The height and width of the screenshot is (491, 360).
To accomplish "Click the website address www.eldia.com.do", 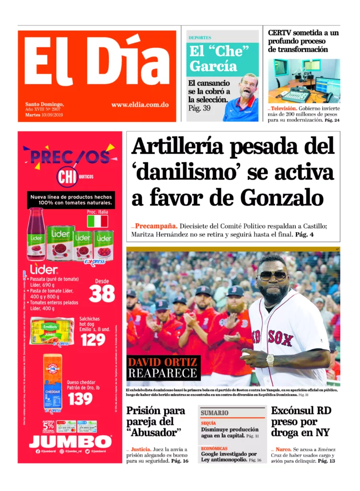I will pyautogui.click(x=139, y=105).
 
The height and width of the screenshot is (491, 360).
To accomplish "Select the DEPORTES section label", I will pyautogui.click(x=200, y=37).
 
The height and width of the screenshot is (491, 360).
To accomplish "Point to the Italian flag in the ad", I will pyautogui.click(x=97, y=221).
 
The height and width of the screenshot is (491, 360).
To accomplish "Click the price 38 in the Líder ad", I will pyautogui.click(x=102, y=293).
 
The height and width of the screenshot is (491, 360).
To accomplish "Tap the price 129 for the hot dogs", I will pyautogui.click(x=93, y=339).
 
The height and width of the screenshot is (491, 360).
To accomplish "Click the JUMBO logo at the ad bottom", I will pyautogui.click(x=70, y=441).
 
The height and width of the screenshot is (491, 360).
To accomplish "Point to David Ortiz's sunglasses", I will pyautogui.click(x=272, y=276).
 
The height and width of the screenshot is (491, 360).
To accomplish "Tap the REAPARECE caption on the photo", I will pyautogui.click(x=163, y=374).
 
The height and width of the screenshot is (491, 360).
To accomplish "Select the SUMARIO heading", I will pyautogui.click(x=214, y=413).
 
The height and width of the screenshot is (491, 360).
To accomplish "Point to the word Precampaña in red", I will pyautogui.click(x=156, y=226).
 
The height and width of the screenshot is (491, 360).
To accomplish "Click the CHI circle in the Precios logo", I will pyautogui.click(x=67, y=177).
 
